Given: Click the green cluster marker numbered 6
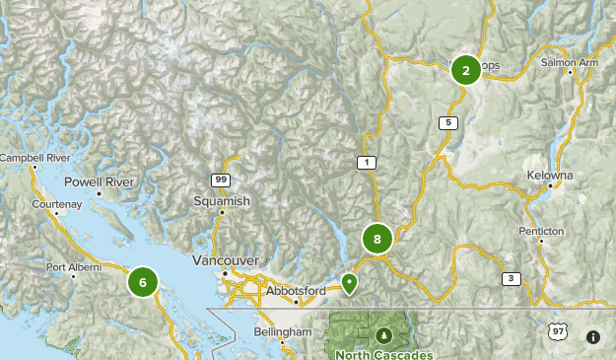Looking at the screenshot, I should pyautogui.click(x=143, y=282).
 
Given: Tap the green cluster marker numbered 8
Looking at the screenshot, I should pyautogui.click(x=376, y=239).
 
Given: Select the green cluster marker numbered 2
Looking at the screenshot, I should pyautogui.click(x=465, y=69).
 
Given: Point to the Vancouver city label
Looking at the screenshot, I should pyautogui.click(x=226, y=260).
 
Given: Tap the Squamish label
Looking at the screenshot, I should pyautogui.click(x=222, y=200).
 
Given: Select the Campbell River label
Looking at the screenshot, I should pyautogui.click(x=34, y=158).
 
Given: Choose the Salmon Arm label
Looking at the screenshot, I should pyautogui.click(x=569, y=62).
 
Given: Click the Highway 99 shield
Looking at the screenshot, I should pyautogui.click(x=220, y=179).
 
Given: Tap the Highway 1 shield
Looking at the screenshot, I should pyautogui.click(x=367, y=162).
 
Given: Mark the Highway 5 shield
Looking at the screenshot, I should pyautogui.click(x=448, y=122).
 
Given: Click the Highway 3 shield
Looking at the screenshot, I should pyautogui.click(x=511, y=278).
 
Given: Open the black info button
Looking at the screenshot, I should pyautogui.click(x=592, y=337).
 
